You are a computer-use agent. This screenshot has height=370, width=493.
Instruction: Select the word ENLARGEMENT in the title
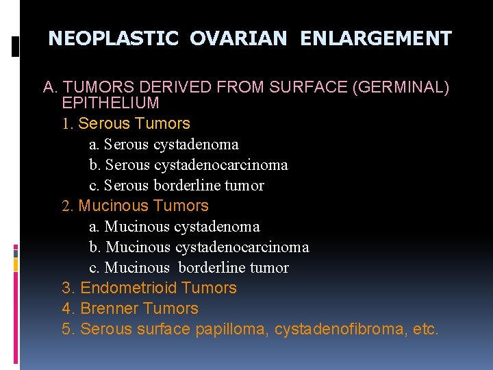tap(376, 38)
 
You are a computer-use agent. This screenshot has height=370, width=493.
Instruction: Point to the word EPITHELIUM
tap(110, 103)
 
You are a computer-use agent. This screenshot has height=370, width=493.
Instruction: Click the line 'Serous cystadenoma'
tap(164, 145)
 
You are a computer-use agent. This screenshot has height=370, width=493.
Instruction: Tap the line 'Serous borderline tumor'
tap(176, 186)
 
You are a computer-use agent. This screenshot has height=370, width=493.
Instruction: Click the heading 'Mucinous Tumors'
tap(143, 206)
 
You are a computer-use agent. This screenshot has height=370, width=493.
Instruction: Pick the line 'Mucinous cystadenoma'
tap(174, 227)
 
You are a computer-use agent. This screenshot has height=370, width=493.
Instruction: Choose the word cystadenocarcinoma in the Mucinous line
tap(242, 247)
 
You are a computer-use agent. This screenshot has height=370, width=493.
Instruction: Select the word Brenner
tap(110, 308)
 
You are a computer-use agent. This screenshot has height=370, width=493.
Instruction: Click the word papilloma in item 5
tap(231, 329)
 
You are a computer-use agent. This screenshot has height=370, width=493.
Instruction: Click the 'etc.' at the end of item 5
tap(426, 329)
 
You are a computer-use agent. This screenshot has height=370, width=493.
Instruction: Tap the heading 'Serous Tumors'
tap(134, 123)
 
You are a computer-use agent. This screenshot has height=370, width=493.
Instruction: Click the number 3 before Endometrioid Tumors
tap(66, 288)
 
